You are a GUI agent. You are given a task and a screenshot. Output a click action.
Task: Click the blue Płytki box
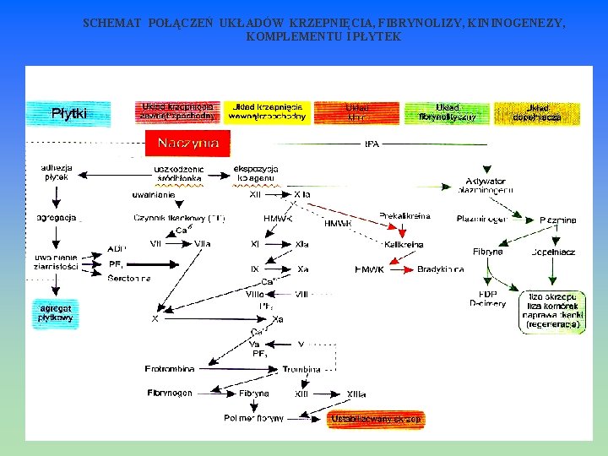point(68,114)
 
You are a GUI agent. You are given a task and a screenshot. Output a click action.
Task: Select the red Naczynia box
point(187,144)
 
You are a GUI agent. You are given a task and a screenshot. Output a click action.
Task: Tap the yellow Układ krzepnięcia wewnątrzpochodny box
point(268,112)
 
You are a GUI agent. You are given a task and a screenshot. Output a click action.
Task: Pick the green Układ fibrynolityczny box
point(448,112)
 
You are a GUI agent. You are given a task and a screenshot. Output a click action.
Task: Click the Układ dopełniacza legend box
point(537,112)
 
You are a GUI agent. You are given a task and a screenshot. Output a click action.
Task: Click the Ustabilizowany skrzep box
point(376,419)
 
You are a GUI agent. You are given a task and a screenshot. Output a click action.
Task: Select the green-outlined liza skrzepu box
point(553,310)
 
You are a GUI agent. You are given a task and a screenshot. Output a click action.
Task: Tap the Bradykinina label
point(440,269)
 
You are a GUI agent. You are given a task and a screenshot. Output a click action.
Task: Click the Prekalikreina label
point(404,216)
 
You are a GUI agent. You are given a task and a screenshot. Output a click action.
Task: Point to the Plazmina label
point(557,220)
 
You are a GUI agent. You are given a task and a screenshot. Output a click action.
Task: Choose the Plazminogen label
point(482,219)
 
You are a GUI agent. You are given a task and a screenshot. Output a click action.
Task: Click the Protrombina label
point(170,369)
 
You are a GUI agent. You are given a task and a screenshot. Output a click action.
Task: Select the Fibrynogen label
point(170,393)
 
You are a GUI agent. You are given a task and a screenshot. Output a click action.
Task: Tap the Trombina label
point(301,369)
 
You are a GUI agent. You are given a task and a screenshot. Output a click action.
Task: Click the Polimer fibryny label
point(253,418)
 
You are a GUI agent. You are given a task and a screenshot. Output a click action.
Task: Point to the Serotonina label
point(129,278)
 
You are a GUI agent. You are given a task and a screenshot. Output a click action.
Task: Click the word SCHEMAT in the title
point(111,24)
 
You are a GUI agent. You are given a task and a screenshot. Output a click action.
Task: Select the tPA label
point(372,144)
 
